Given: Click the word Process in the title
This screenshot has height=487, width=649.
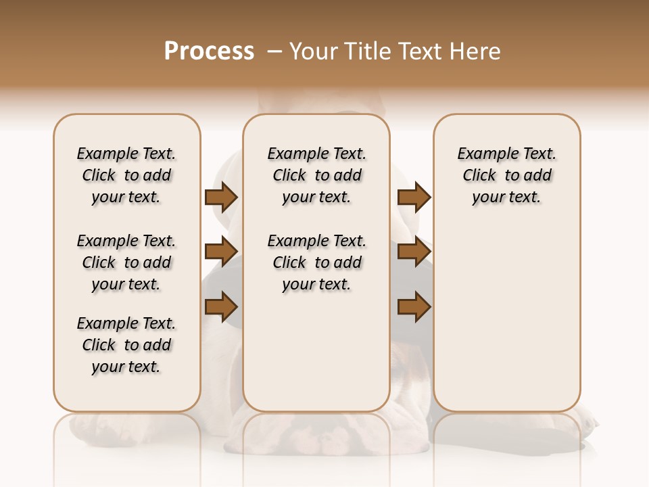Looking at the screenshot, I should [209, 51].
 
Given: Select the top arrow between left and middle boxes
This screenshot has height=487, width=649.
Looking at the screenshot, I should [220, 197].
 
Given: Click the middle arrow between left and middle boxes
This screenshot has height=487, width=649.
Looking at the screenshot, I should [220, 252].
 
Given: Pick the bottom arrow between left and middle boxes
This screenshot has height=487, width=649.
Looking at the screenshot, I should [220, 307].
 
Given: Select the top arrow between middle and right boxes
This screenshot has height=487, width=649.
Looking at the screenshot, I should [414, 197].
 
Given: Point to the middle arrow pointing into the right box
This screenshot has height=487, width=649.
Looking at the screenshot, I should [414, 252].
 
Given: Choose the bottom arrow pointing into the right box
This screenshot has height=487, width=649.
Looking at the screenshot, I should [414, 307].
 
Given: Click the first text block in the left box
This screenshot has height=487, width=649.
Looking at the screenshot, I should [126, 175].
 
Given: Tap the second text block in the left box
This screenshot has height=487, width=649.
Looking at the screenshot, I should [126, 262].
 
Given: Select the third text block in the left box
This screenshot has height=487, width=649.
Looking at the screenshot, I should [126, 345].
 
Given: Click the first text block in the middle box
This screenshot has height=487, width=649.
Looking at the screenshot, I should [316, 175].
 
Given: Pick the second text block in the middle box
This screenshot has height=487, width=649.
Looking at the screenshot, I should [316, 262].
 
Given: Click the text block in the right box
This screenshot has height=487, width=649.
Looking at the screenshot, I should [506, 175].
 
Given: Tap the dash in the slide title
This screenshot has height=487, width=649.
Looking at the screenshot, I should [274, 51].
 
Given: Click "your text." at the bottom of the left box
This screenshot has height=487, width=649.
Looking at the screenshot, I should [126, 367].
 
